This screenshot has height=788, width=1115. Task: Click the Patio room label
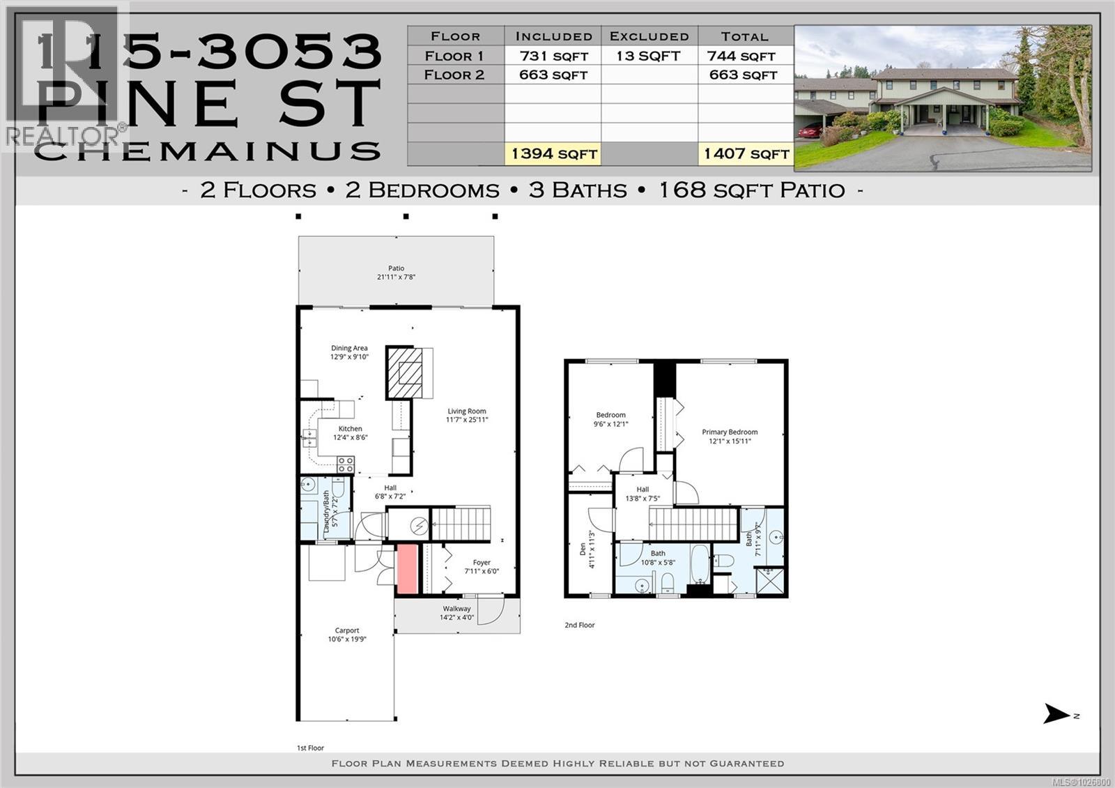[x=396, y=273]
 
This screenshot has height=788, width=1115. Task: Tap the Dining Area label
[x=349, y=352]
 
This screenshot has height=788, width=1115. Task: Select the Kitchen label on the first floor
[x=350, y=433]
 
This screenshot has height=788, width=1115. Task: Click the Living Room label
[x=467, y=416]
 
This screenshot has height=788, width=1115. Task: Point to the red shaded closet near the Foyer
[x=407, y=569]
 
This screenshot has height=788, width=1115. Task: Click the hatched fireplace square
[x=404, y=372]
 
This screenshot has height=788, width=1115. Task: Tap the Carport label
[x=347, y=635]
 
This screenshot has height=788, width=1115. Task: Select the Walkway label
[x=456, y=613]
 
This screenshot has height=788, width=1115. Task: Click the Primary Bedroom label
[x=730, y=437]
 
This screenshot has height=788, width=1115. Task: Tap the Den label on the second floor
[x=587, y=549]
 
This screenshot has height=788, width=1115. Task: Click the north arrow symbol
[x=1057, y=714]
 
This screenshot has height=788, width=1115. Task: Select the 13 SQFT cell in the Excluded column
[x=648, y=56]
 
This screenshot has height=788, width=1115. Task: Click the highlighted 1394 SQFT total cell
[x=553, y=153]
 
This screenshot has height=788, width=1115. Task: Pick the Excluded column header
[x=649, y=36]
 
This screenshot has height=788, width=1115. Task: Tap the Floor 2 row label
[x=454, y=75]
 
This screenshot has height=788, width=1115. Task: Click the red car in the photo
[x=810, y=130]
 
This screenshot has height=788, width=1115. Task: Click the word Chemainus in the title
[x=208, y=150]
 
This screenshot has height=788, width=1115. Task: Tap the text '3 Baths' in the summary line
[x=578, y=190]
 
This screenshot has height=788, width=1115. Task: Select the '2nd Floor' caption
[x=579, y=626]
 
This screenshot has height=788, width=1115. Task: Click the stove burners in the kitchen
[x=345, y=464]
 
